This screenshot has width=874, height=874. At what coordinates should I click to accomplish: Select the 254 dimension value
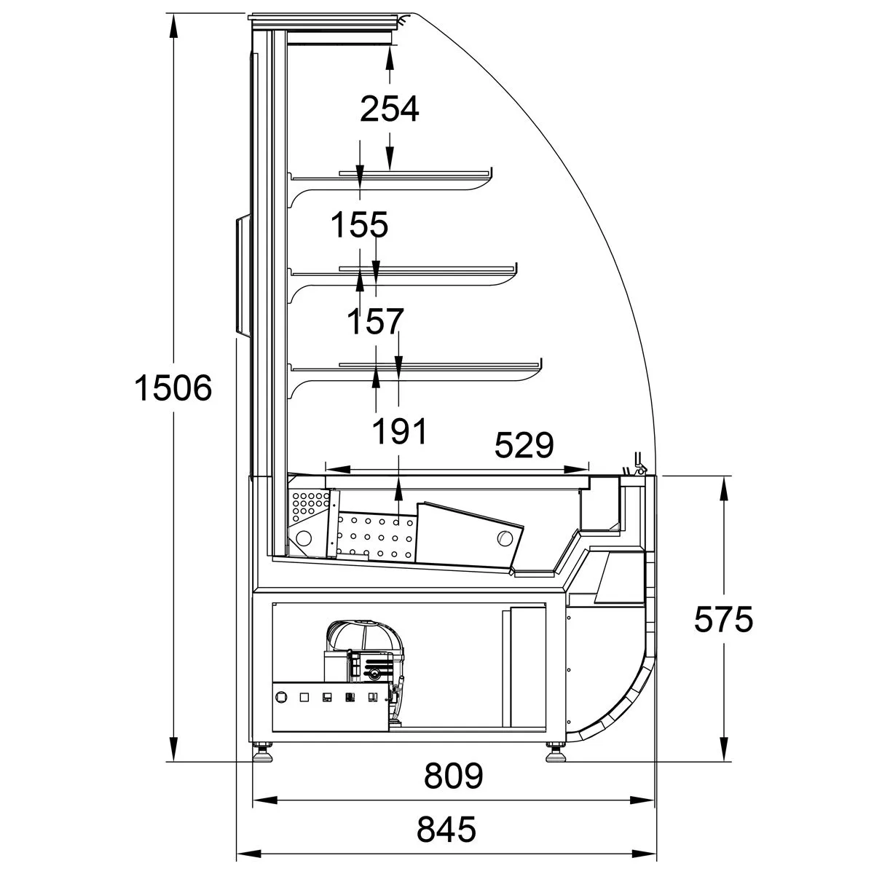click(x=390, y=109)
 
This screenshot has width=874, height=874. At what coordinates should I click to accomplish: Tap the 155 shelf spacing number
click(x=360, y=225)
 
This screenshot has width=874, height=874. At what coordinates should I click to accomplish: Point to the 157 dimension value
click(x=374, y=322)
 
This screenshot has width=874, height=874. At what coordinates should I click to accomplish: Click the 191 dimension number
click(x=399, y=431)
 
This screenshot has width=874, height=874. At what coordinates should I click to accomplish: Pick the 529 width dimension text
click(x=524, y=444)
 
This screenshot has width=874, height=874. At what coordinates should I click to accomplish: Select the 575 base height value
click(x=723, y=620)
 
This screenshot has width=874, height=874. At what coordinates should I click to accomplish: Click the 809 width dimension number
click(x=454, y=776)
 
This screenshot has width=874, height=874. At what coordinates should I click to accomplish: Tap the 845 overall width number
click(x=446, y=829)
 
